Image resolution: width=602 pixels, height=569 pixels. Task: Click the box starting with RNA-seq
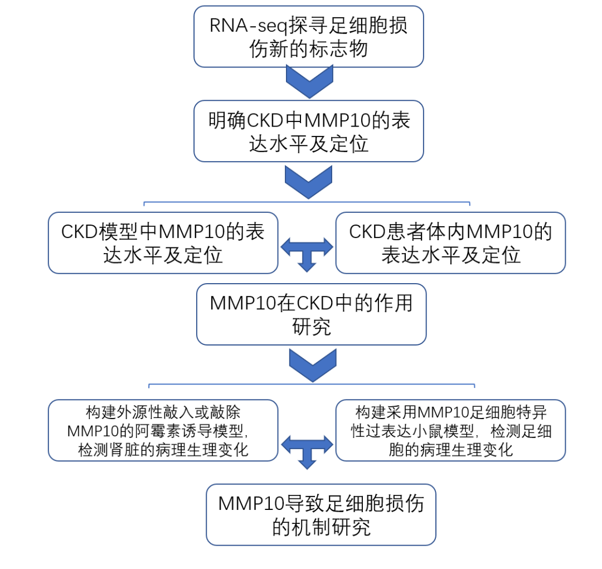pyautogui.click(x=308, y=37)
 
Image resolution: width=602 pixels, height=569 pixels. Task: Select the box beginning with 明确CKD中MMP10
pyautogui.click(x=308, y=132)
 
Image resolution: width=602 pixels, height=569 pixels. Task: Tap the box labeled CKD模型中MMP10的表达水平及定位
pyautogui.click(x=163, y=243)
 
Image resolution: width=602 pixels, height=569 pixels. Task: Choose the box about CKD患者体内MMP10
pyautogui.click(x=450, y=243)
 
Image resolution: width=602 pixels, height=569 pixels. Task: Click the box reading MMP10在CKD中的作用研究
pyautogui.click(x=311, y=314)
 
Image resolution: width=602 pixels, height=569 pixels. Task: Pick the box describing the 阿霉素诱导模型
pyautogui.click(x=163, y=430)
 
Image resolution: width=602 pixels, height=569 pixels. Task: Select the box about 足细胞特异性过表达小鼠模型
pyautogui.click(x=450, y=430)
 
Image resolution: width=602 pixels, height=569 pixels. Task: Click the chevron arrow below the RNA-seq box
pyautogui.click(x=309, y=81)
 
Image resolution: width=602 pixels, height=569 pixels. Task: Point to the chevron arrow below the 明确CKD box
pyautogui.click(x=309, y=181)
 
